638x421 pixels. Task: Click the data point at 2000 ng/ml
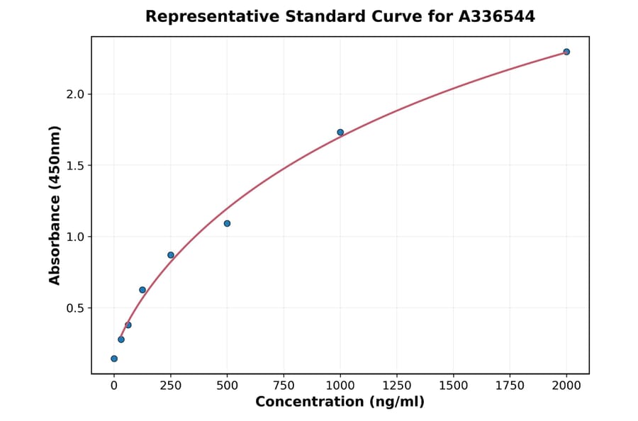coord(566,52)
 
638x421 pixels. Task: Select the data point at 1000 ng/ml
coord(340,133)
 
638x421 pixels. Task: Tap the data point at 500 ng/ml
coord(227,223)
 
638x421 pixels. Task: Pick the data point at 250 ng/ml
coord(171,255)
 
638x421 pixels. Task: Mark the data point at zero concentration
coord(114,359)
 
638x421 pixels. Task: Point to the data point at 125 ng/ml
coord(142,290)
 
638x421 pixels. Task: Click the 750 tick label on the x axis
coord(284,386)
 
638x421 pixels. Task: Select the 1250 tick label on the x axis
coord(397,386)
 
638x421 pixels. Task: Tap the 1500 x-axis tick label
coord(454,386)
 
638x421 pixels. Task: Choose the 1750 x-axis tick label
coord(510,386)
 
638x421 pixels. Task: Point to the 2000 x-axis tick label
coord(566,386)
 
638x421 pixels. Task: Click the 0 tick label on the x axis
coord(114,386)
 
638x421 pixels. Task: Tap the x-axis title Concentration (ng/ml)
coord(340,403)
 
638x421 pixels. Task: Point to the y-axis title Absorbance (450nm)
coord(55,205)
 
